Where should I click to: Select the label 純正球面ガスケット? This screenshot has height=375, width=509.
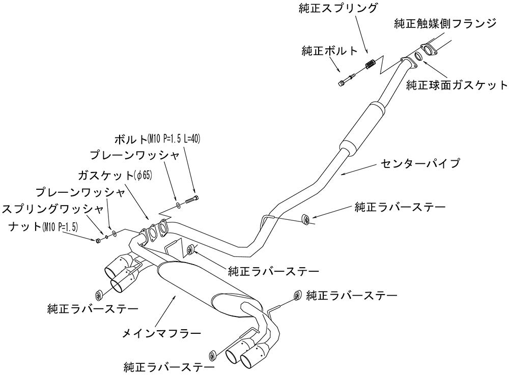[x=457, y=84]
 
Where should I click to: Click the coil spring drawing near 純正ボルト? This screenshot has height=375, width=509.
[x=371, y=65]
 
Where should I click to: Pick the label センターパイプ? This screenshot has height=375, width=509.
[x=420, y=163]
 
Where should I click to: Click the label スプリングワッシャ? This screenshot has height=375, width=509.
[x=52, y=209]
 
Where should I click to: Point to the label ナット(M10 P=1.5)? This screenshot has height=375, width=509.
[x=43, y=226]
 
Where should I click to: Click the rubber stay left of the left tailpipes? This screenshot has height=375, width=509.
[x=99, y=294]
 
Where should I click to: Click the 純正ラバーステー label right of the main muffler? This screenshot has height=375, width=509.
[x=352, y=295]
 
